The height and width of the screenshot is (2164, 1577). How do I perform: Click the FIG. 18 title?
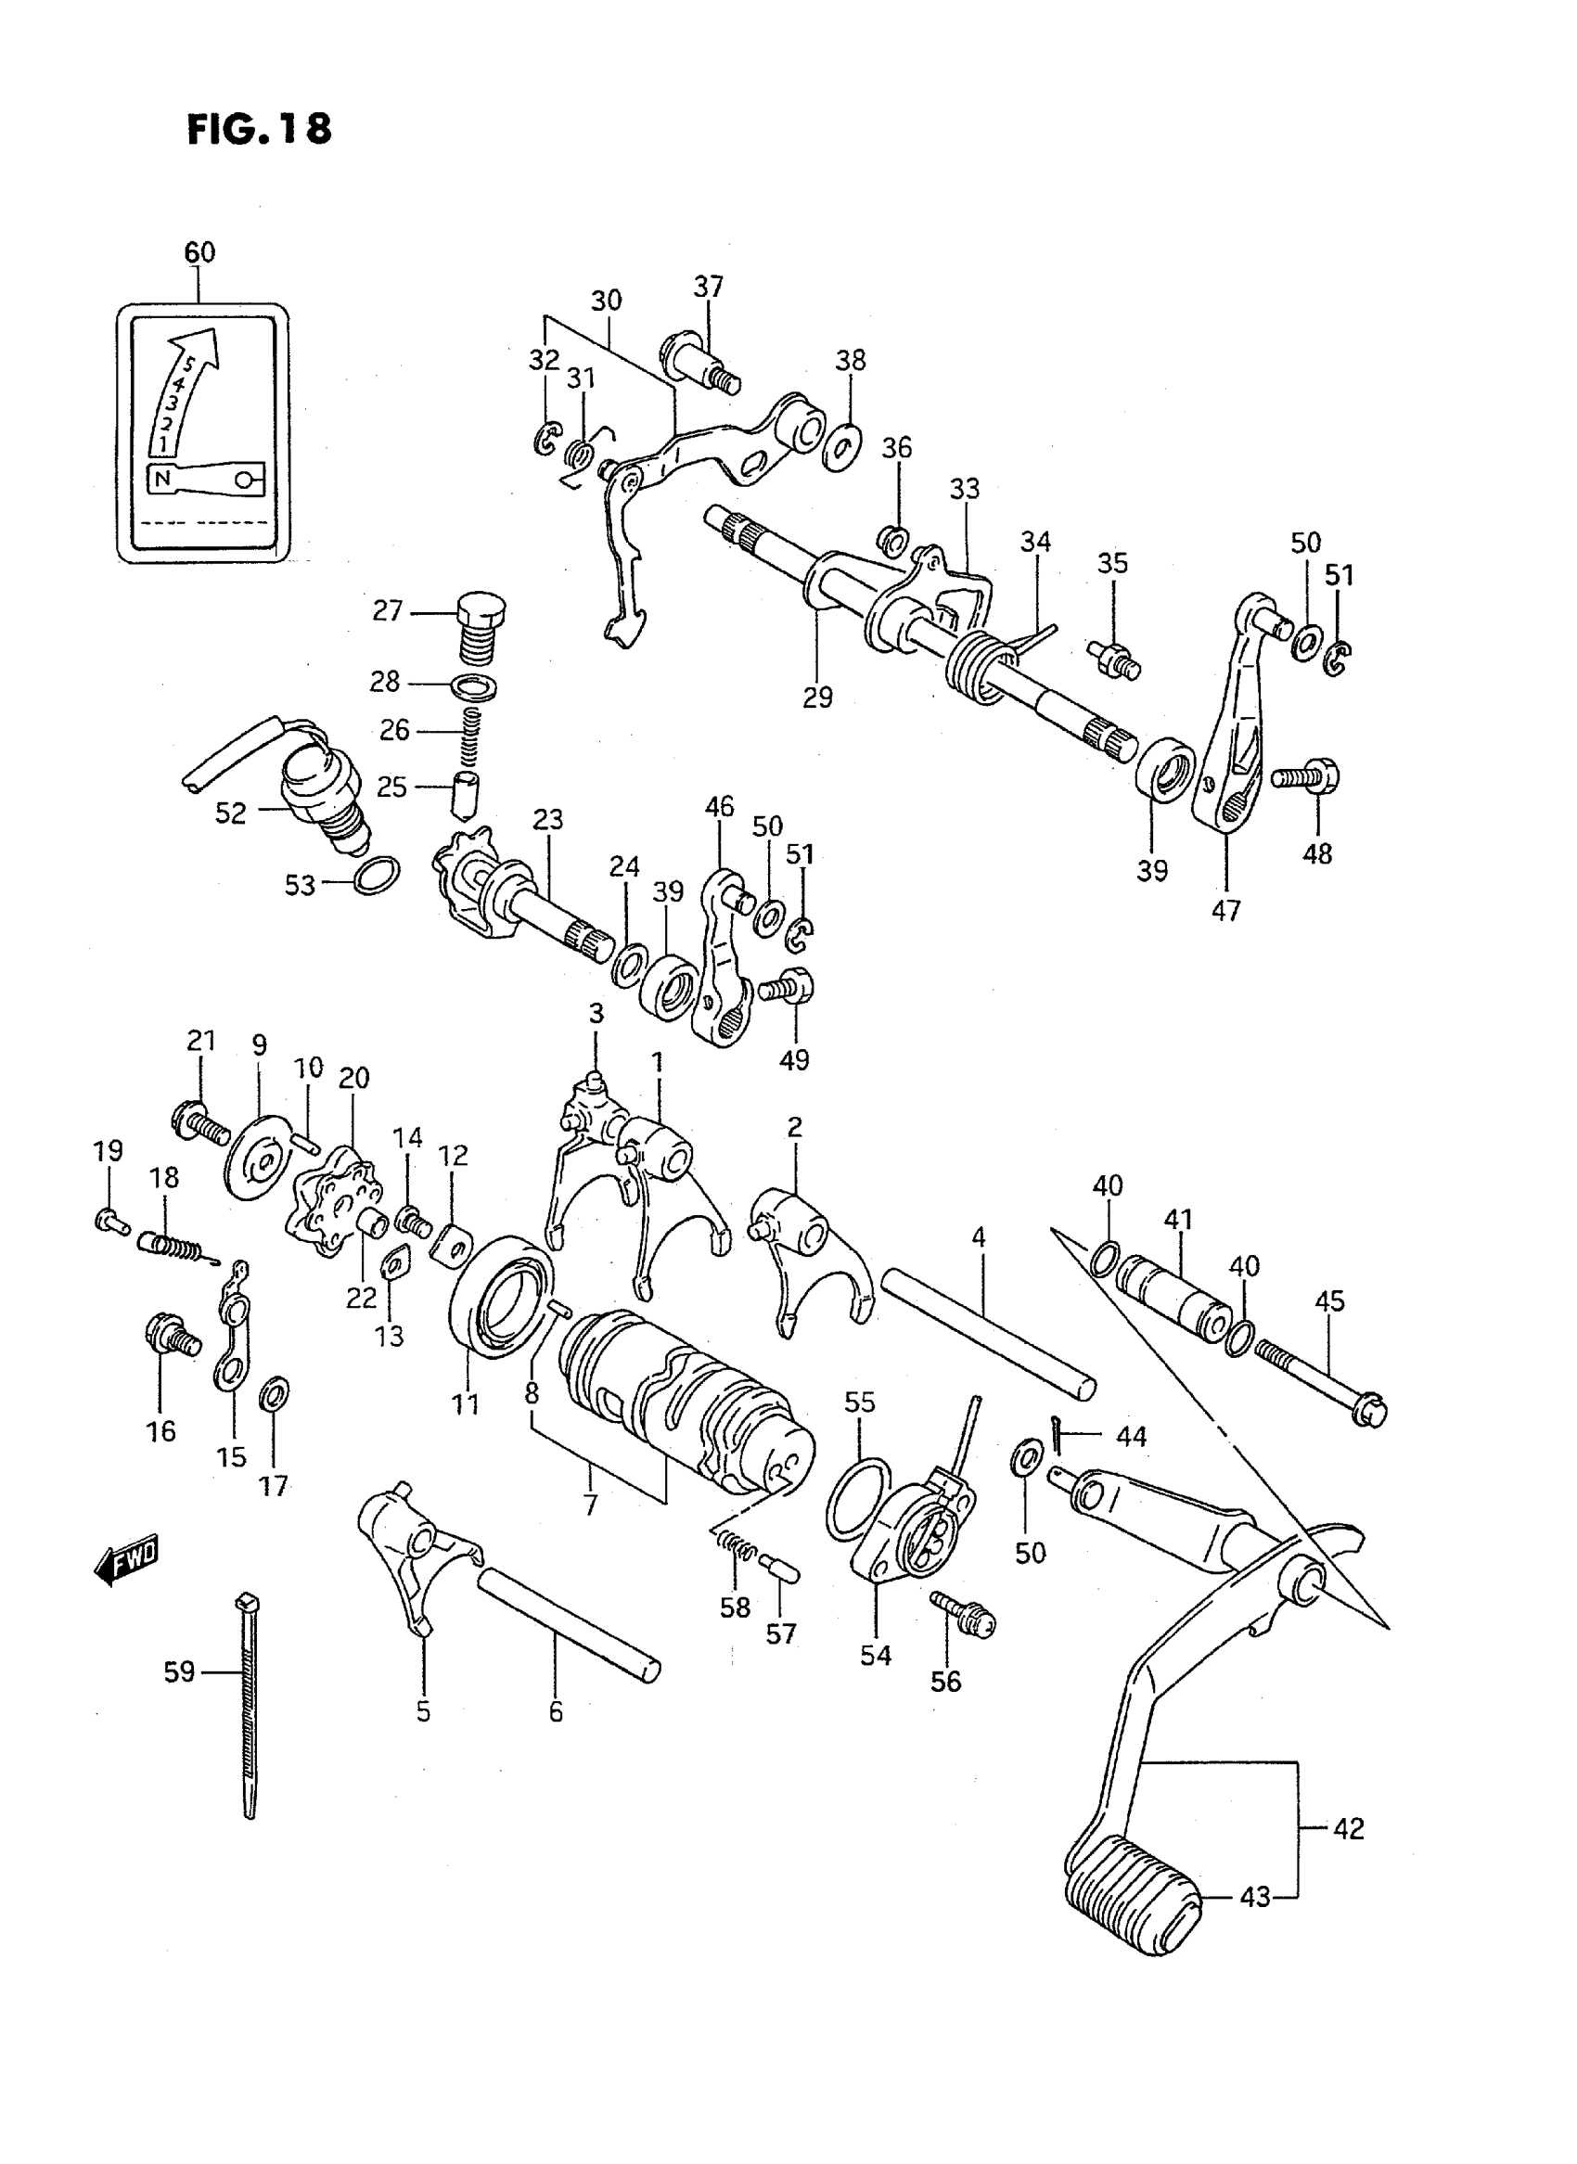pyautogui.click(x=259, y=129)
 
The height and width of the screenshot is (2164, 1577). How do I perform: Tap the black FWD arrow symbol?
pyautogui.click(x=127, y=1562)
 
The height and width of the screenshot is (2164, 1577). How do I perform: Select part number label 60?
pyautogui.click(x=199, y=252)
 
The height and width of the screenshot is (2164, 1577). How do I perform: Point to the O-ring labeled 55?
pyautogui.click(x=855, y=1499)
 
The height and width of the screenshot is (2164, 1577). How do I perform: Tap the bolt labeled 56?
pyautogui.click(x=962, y=1613)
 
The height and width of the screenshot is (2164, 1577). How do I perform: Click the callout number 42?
pyautogui.click(x=1348, y=1828)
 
